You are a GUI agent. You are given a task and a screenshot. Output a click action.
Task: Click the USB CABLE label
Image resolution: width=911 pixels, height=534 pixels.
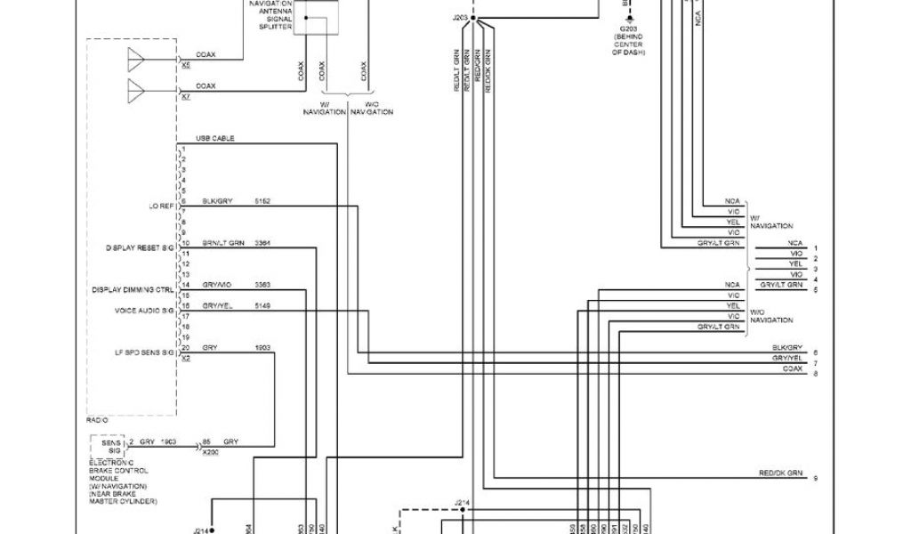pyautogui.click(x=214, y=139)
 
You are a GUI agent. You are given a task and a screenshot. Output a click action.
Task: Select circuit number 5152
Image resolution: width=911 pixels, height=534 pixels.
pyautogui.click(x=262, y=202)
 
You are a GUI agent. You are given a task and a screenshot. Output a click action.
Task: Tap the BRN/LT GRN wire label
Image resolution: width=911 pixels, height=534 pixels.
pyautogui.click(x=222, y=243)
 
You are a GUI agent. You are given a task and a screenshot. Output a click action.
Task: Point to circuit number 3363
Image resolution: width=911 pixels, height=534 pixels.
pyautogui.click(x=262, y=285)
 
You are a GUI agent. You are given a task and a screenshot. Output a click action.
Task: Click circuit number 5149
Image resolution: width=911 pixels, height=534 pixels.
pyautogui.click(x=262, y=305)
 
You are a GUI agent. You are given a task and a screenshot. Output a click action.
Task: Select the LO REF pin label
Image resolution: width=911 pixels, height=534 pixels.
pyautogui.click(x=160, y=206)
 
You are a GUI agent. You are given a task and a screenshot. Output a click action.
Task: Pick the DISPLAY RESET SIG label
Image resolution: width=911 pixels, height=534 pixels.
pyautogui.click(x=140, y=247)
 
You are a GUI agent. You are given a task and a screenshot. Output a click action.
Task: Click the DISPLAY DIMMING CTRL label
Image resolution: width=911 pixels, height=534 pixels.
pyautogui.click(x=133, y=289)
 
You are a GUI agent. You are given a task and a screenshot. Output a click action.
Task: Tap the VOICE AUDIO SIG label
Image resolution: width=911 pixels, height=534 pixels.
pyautogui.click(x=144, y=311)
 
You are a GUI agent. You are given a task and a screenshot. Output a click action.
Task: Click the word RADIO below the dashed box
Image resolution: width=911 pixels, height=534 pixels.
pyautogui.click(x=97, y=419)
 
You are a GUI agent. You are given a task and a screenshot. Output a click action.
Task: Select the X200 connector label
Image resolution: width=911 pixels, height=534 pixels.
pyautogui.click(x=210, y=452)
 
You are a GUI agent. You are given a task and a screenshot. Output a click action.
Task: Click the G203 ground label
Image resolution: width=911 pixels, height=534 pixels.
pyautogui.click(x=628, y=37)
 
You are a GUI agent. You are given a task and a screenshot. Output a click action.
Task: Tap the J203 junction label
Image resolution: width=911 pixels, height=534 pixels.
pyautogui.click(x=459, y=17)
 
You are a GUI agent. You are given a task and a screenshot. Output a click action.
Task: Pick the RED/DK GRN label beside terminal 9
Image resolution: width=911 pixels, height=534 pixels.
pyautogui.click(x=781, y=473)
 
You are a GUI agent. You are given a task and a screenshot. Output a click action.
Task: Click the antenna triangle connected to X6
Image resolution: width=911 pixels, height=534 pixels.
pyautogui.click(x=136, y=60)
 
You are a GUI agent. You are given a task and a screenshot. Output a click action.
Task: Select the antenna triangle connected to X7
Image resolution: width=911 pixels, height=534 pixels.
pyautogui.click(x=136, y=91)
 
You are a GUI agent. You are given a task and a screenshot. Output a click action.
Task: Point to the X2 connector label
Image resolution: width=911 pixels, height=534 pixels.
pyautogui.click(x=185, y=358)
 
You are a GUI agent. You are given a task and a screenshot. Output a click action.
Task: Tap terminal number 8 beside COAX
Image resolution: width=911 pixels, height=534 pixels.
pyautogui.click(x=815, y=374)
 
